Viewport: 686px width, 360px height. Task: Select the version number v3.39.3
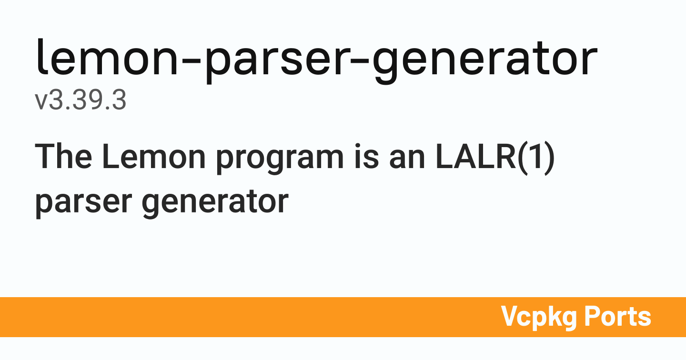click(x=81, y=101)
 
